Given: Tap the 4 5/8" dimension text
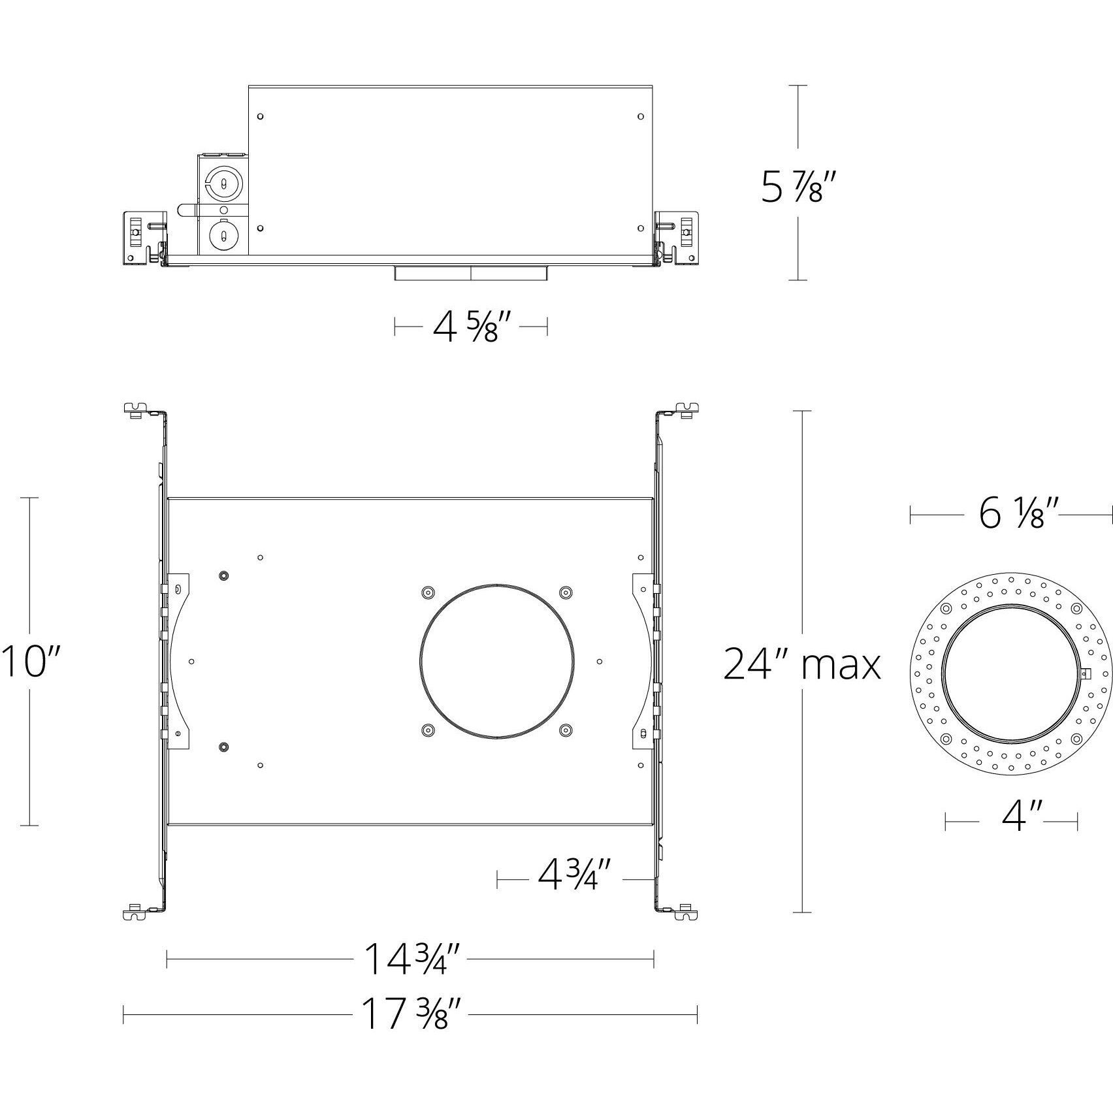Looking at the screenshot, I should [471, 327].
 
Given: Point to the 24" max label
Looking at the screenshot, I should [801, 665].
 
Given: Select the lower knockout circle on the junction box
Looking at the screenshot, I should [223, 234].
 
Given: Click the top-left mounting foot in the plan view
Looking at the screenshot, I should [134, 410].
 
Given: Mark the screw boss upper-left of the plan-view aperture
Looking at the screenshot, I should [427, 592].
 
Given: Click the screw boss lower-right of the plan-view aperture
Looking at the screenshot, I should [566, 729].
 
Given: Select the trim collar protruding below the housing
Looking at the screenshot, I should [471, 274].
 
